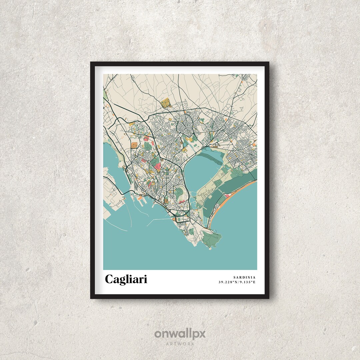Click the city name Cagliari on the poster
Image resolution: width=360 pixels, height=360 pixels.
tap(126, 279)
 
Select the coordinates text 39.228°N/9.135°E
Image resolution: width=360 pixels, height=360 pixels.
tap(237, 282)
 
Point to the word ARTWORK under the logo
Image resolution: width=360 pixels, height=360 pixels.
tap(180, 343)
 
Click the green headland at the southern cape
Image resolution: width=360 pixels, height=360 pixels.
tap(211, 238)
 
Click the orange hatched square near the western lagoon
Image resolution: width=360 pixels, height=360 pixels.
tap(134, 145)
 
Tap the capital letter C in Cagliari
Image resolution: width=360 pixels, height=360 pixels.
tap(109, 279)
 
